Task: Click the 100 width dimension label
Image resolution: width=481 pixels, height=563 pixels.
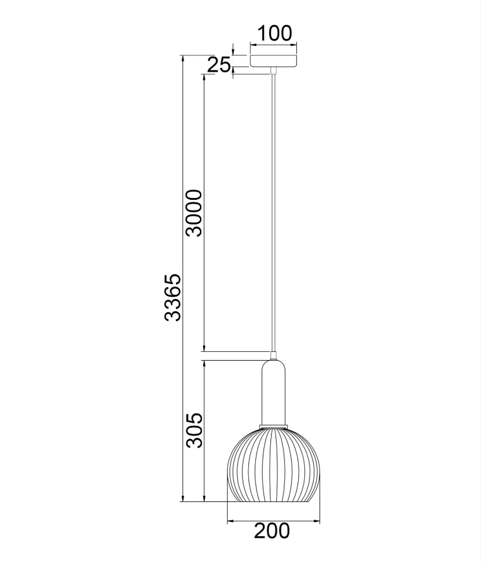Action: pos(275,33)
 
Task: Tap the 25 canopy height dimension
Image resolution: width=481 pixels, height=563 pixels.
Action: pos(220,64)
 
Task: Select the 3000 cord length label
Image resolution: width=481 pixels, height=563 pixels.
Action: pos(194,212)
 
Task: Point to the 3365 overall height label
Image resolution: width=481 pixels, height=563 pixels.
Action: pos(172,297)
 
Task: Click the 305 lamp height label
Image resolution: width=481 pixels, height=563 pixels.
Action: pos(194,430)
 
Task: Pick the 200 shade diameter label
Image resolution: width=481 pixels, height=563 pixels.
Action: pos(272,531)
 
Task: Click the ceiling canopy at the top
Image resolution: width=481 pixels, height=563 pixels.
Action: pos(274,61)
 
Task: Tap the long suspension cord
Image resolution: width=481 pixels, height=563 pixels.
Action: pos(274,207)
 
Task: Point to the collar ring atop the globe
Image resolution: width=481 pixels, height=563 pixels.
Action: pos(274,427)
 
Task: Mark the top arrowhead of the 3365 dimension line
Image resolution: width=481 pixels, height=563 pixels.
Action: pos(182,58)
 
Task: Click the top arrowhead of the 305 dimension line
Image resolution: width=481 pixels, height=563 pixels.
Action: pos(204,363)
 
